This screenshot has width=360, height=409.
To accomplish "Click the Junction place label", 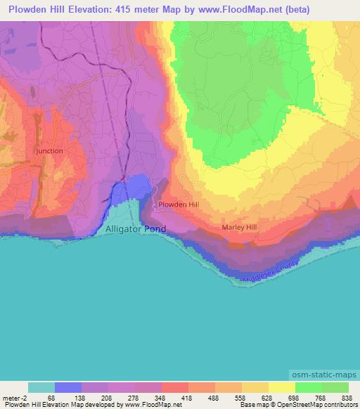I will [49, 150].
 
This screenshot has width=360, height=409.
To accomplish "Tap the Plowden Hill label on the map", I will [179, 204].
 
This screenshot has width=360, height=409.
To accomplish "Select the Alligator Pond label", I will [136, 229].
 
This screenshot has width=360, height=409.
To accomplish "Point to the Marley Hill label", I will [240, 227].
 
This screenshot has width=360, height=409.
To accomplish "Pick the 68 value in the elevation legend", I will [51, 397].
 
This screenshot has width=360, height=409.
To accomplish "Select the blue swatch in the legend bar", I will [68, 387].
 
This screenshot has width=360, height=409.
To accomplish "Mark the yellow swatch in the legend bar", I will [281, 387].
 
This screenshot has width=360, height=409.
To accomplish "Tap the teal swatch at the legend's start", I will [41, 387].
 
